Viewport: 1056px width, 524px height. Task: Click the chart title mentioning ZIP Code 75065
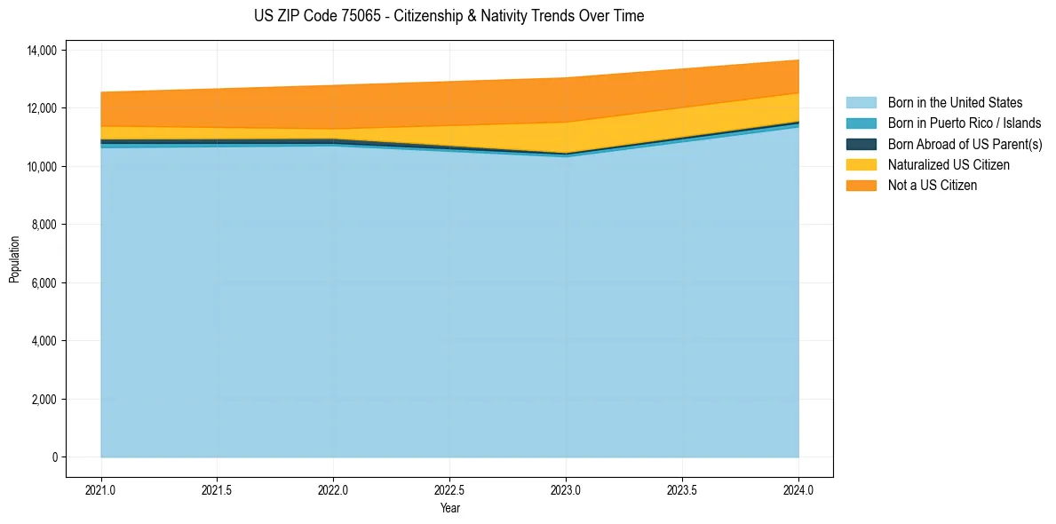coord(449,16)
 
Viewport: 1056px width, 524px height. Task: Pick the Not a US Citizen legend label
coord(932,186)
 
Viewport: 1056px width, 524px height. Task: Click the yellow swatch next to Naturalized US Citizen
coord(861,165)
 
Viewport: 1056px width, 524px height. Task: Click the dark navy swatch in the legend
coord(861,144)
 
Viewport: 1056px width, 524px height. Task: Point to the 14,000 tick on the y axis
coord(41,50)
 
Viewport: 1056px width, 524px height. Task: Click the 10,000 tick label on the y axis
coord(41,166)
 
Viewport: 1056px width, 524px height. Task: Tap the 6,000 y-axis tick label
coord(44,283)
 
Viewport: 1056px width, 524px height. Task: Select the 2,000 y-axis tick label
coord(44,400)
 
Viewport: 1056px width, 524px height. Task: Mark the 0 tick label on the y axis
coord(53,457)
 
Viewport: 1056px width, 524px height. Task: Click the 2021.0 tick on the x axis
coord(100,489)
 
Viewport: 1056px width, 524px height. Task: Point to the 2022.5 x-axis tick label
coord(449,489)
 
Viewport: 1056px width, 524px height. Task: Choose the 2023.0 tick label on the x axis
coord(566,489)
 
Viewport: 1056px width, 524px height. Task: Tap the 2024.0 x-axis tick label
coord(798,489)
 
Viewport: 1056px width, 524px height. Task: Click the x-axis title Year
coord(449,508)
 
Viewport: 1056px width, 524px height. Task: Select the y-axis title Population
coord(14,259)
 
